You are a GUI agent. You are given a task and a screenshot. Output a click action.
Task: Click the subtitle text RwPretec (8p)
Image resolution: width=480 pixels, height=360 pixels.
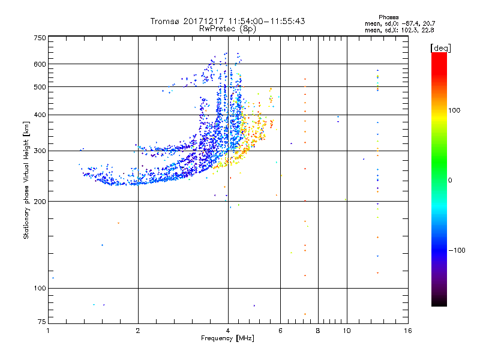228,28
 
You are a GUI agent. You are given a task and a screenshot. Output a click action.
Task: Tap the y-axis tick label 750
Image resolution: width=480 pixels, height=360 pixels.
40,38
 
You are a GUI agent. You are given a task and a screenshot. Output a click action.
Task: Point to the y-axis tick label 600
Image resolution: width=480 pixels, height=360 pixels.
40,64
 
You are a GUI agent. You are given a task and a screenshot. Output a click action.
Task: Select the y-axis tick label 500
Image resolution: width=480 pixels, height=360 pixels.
40,87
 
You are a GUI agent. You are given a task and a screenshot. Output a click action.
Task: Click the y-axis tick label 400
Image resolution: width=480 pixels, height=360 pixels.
40,115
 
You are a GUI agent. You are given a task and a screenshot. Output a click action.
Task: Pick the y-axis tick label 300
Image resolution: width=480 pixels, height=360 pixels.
40,151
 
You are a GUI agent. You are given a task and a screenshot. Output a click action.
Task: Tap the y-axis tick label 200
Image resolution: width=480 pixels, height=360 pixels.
40,202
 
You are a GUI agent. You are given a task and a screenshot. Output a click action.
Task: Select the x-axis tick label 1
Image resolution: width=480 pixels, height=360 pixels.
48,331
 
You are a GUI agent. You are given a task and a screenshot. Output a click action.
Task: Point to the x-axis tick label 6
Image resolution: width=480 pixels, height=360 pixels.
280,331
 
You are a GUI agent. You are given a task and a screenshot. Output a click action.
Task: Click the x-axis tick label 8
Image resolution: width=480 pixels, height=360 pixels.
318,331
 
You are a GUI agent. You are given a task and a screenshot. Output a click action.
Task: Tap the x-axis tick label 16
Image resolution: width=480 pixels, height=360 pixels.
407,331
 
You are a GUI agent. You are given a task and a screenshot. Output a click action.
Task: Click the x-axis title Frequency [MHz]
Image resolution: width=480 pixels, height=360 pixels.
227,338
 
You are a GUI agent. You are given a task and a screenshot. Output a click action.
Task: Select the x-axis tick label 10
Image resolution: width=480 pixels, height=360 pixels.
346,331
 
